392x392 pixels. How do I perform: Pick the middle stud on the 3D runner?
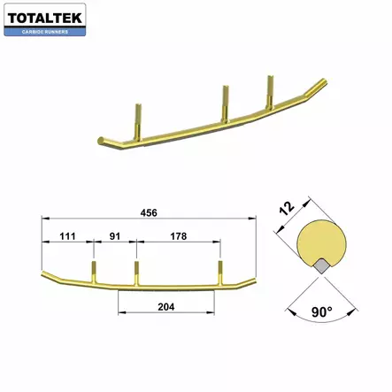[225, 102]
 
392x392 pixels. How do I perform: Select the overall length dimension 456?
[151, 212]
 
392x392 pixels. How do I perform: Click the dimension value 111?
[65, 238]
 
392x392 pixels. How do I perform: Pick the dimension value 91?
[114, 238]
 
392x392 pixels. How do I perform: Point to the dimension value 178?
[177, 238]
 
